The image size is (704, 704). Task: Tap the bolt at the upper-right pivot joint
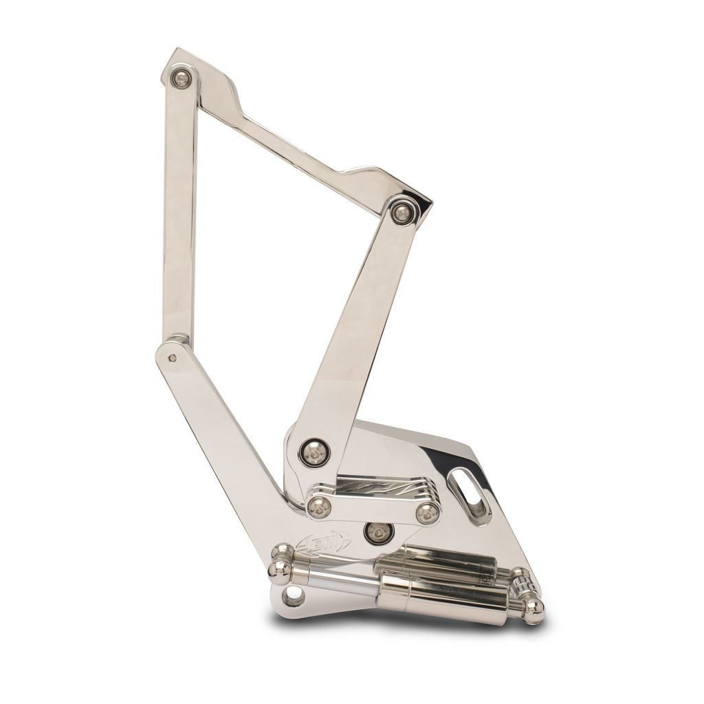point(401,212)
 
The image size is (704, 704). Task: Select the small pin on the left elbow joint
point(172,357)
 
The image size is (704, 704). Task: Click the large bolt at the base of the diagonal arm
point(314,451)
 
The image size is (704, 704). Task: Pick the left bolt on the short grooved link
point(318,507)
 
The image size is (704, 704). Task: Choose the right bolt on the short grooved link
point(428,511)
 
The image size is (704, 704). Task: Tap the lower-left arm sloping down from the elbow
point(227,426)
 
